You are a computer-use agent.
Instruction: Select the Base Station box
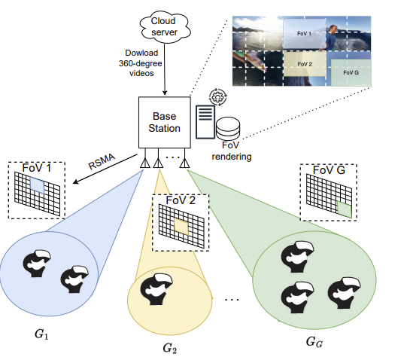(165, 123)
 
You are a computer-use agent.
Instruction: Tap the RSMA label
(102, 161)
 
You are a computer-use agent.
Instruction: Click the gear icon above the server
(218, 97)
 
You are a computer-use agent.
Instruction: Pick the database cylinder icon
(228, 128)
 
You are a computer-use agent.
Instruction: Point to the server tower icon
(205, 122)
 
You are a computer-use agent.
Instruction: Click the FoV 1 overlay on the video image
(304, 34)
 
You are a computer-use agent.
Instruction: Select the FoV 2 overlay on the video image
(305, 64)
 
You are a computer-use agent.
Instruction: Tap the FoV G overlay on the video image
(351, 73)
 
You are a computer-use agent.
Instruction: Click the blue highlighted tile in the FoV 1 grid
(38, 185)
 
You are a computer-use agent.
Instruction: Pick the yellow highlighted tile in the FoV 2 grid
(181, 227)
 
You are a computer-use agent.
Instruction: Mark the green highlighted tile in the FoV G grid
(345, 209)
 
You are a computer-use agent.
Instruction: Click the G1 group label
(41, 334)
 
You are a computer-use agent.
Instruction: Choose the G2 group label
(170, 348)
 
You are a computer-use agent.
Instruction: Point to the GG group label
(314, 342)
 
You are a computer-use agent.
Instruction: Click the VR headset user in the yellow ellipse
(156, 288)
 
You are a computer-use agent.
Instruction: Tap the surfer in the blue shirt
(330, 38)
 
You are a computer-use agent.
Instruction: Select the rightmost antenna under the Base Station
(184, 163)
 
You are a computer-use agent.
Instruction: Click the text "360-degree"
(141, 63)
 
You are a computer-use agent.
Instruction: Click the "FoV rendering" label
(231, 151)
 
